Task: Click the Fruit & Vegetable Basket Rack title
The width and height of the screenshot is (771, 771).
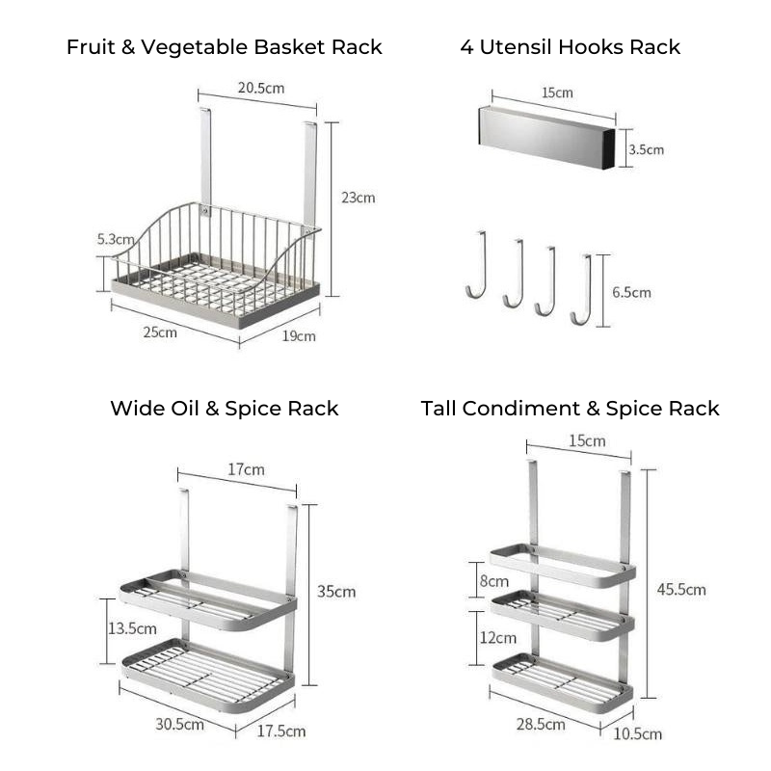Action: click(x=225, y=47)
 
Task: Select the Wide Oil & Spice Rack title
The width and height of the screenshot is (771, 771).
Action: click(x=225, y=409)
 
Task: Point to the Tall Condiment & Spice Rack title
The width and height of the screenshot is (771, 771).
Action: click(x=570, y=409)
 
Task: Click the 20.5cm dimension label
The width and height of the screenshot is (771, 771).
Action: click(x=261, y=89)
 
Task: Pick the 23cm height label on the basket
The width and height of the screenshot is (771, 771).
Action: click(x=359, y=198)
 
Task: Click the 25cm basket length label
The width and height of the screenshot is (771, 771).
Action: click(x=160, y=332)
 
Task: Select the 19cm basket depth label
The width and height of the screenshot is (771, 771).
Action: click(x=299, y=335)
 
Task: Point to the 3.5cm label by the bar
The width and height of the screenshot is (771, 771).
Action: click(x=646, y=149)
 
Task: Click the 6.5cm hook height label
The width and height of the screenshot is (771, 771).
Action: click(x=632, y=292)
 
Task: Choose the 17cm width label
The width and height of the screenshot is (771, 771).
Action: click(x=246, y=470)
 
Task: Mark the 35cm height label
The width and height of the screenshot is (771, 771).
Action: click(x=336, y=591)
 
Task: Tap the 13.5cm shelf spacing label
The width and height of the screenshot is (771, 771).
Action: click(x=132, y=628)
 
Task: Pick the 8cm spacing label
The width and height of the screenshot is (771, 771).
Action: click(x=496, y=581)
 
